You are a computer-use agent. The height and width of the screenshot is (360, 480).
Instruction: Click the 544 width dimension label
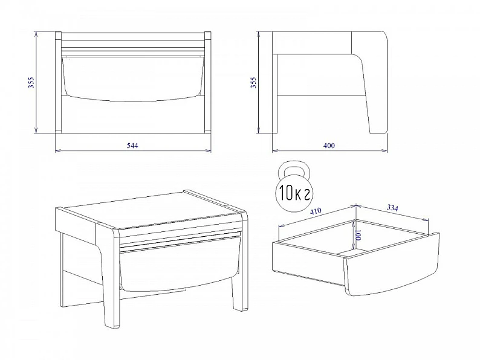click(x=132, y=146)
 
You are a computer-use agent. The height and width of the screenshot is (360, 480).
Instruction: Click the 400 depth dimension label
click(x=329, y=146)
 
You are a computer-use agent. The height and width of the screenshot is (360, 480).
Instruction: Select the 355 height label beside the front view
click(x=31, y=83)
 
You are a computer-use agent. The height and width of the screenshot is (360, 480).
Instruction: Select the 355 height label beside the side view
click(x=253, y=83)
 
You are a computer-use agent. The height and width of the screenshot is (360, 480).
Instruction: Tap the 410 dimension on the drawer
click(x=316, y=211)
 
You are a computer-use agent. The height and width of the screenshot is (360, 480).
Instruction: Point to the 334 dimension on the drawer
click(x=392, y=208)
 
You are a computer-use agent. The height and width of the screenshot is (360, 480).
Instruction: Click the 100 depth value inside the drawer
click(x=358, y=235)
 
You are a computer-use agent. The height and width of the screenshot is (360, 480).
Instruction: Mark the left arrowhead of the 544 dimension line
click(x=57, y=150)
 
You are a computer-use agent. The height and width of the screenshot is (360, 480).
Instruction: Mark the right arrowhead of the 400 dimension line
click(x=385, y=150)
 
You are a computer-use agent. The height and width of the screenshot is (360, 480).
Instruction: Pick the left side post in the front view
click(x=59, y=82)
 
